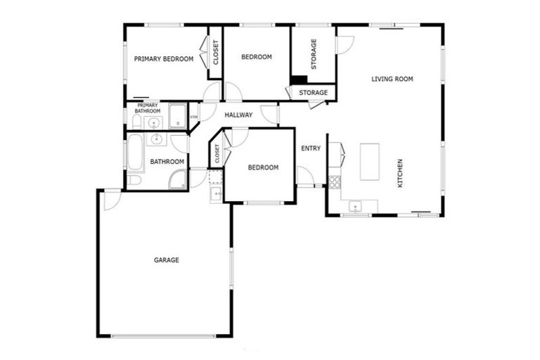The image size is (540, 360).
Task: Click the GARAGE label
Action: click(x=167, y=260)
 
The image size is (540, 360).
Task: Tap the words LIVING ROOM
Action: click(x=392, y=79)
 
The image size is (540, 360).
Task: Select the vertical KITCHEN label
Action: click(x=400, y=173)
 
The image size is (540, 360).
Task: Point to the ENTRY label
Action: click(x=311, y=148)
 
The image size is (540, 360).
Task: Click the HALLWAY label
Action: click(x=238, y=115)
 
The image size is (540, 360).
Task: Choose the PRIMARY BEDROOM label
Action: click(x=163, y=59)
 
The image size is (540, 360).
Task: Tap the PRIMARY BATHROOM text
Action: click(x=148, y=108)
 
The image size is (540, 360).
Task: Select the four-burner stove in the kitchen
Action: click(x=335, y=182)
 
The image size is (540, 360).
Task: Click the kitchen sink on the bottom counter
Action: click(x=356, y=207)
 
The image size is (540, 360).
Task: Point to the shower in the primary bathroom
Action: click(x=177, y=116)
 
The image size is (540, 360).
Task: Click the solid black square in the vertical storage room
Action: click(x=299, y=79)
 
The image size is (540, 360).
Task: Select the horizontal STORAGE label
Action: click(x=313, y=93)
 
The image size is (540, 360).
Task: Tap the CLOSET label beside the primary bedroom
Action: click(x=216, y=53)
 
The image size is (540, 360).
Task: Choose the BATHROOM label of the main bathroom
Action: click(x=167, y=162)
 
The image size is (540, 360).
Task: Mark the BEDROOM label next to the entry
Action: click(x=263, y=167)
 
